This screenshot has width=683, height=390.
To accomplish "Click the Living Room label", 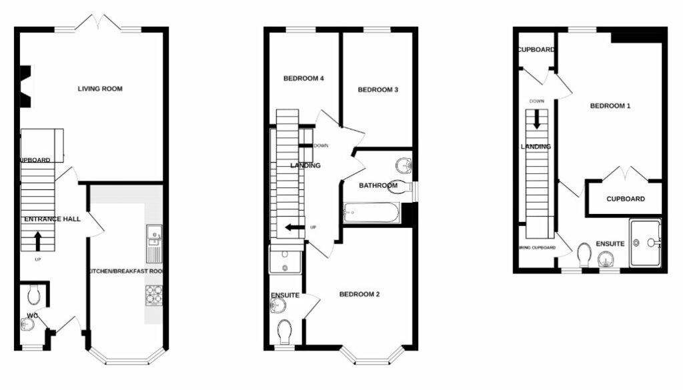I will click(x=100, y=89).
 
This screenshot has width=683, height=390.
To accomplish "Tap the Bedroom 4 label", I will click(x=303, y=79).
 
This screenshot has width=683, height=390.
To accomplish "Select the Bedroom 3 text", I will click(x=378, y=90).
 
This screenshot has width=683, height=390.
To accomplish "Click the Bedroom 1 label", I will click(x=610, y=106).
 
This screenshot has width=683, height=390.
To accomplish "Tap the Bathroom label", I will click(x=378, y=185).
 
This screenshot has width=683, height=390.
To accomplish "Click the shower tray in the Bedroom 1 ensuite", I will click(x=645, y=243).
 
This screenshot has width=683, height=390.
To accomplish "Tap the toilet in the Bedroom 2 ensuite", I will click(x=285, y=331).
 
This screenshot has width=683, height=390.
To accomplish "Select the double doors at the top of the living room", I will click(x=99, y=23).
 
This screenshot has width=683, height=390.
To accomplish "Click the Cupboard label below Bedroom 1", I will click(x=626, y=199).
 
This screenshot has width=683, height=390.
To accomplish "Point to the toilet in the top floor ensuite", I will click(x=584, y=254).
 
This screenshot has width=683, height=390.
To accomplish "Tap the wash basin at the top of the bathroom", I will click(x=402, y=163).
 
